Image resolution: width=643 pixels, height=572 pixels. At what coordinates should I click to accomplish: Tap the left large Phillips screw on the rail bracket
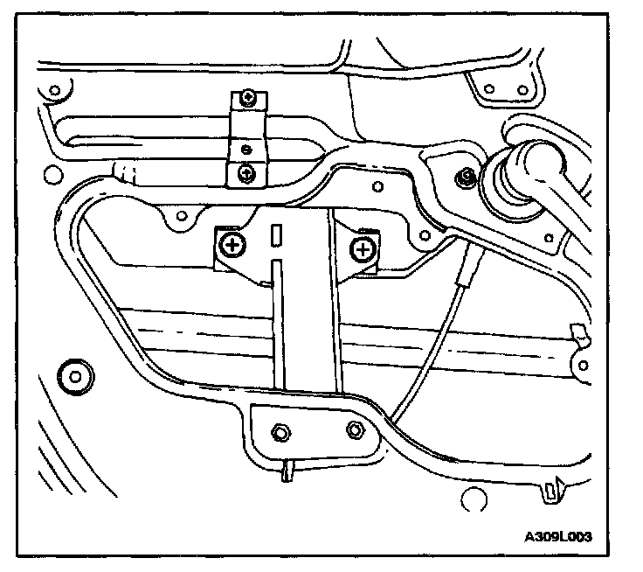(233, 245)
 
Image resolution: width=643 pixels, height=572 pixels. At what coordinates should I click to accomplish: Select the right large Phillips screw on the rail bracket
(363, 251)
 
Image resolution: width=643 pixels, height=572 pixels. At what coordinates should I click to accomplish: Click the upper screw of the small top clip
(250, 97)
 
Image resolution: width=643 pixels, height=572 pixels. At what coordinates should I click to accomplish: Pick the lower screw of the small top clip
(248, 173)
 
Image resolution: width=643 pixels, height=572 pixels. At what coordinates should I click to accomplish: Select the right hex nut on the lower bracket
(353, 429)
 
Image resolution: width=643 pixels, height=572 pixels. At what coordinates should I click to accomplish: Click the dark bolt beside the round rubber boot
(467, 178)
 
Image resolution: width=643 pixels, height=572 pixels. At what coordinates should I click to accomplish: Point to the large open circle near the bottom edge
(473, 499)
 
